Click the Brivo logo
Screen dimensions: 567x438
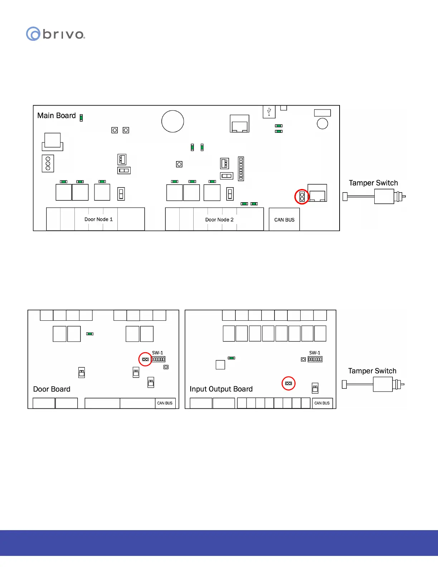[55, 34]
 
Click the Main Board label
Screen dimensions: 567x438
[57, 116]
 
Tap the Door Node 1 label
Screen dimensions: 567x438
[98, 219]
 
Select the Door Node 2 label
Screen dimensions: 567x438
[219, 220]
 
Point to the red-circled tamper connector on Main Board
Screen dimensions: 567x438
[302, 197]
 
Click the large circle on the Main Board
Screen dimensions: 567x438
[172, 121]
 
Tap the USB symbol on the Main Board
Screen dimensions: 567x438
[269, 112]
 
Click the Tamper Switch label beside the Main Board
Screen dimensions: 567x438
[373, 183]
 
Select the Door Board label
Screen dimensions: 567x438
[52, 389]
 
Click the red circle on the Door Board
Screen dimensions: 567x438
[145, 359]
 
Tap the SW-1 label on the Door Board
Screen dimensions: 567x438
[157, 353]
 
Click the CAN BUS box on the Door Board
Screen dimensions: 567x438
[165, 403]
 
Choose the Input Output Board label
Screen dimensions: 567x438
[221, 389]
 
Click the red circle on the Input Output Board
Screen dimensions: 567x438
[288, 383]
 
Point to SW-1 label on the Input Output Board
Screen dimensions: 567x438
[315, 353]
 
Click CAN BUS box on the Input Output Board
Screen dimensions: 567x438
[322, 403]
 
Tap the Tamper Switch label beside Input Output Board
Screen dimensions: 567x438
[372, 371]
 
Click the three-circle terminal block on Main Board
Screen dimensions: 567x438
[48, 164]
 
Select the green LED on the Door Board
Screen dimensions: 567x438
[90, 334]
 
